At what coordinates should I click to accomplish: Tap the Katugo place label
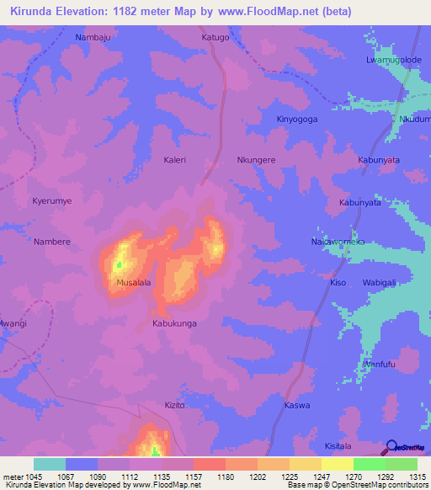(215, 38)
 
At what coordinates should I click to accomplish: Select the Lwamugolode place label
(393, 60)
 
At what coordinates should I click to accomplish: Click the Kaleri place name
(174, 159)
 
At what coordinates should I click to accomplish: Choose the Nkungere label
(256, 159)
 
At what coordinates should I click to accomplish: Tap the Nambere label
(51, 242)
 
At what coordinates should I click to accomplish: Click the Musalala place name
(133, 283)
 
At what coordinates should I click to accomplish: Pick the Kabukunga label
(174, 322)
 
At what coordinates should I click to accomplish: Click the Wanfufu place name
(379, 364)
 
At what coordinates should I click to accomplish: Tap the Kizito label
(174, 405)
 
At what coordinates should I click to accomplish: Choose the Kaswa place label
(297, 405)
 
